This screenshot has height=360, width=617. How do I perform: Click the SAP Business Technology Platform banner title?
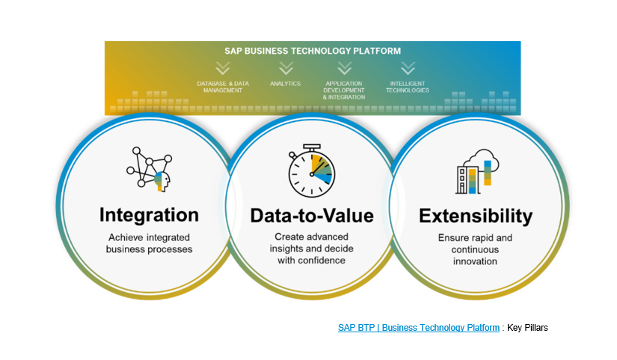313,51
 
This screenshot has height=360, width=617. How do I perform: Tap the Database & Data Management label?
223,87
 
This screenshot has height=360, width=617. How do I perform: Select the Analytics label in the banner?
285,84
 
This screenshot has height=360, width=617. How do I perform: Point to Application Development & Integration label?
344,91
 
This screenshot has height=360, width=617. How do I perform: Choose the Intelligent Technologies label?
408,87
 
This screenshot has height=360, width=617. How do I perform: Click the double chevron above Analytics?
286,68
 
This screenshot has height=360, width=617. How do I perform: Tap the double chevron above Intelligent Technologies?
408,68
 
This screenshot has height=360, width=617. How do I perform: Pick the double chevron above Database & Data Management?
223,68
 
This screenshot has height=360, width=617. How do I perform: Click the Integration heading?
149,216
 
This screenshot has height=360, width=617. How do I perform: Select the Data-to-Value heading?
312,216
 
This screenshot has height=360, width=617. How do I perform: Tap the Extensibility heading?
476,216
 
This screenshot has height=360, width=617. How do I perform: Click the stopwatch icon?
311,171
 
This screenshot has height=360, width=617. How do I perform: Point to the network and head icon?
150,169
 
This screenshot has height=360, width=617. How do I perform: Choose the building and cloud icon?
477,171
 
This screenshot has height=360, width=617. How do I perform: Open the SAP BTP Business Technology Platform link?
419,328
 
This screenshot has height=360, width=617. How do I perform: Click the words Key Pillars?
527,328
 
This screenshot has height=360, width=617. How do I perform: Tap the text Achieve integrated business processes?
149,243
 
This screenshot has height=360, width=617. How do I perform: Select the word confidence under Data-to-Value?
322,260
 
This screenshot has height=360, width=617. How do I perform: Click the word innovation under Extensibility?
475,261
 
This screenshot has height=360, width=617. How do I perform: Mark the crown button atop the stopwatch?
312,147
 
